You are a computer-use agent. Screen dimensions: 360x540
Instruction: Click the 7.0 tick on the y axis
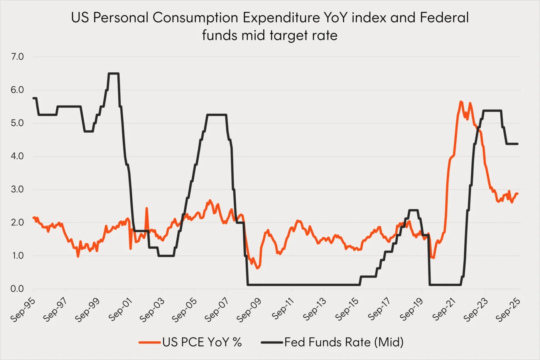coord(17,57)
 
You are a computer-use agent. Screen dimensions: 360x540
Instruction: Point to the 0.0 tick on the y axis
coord(17,289)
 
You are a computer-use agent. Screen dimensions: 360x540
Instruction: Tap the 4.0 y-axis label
coord(17,156)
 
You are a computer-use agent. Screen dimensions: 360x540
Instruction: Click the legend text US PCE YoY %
coord(202,342)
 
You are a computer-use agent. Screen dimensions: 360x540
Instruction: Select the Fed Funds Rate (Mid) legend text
coord(344,342)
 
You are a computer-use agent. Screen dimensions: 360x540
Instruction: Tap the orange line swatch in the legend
coord(150,342)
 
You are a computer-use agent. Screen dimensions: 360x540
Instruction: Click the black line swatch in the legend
coord(272,342)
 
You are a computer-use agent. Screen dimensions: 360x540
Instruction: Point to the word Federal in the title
coord(444,18)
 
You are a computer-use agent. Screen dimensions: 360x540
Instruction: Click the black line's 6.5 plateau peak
coord(113,73)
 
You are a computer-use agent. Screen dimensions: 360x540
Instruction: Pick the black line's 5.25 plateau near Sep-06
coord(216,114)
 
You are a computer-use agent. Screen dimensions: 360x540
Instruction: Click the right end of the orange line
coord(517,193)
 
